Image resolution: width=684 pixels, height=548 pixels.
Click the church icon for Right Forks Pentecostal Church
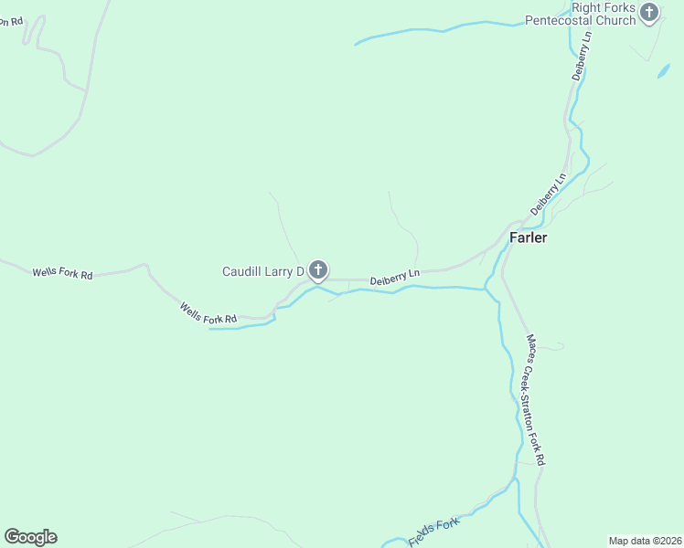pyautogui.click(x=649, y=13)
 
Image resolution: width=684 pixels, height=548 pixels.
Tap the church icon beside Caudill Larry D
pyautogui.click(x=317, y=269)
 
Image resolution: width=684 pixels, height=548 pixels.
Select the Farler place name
pyautogui.click(x=528, y=237)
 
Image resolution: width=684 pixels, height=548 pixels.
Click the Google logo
pyautogui.click(x=30, y=537)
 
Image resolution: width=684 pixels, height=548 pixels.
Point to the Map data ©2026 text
pyautogui.click(x=645, y=540)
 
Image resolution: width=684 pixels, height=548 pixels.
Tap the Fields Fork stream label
pyautogui.click(x=433, y=532)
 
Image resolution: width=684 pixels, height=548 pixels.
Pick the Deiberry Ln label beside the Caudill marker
pyautogui.click(x=395, y=277)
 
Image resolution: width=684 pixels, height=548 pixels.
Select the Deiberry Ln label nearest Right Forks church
pyautogui.click(x=582, y=58)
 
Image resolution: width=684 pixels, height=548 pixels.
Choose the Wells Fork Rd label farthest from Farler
pyautogui.click(x=62, y=273)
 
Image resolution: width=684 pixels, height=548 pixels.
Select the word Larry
pyautogui.click(x=282, y=272)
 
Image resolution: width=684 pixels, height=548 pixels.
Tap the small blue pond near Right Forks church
pyautogui.click(x=663, y=71)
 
